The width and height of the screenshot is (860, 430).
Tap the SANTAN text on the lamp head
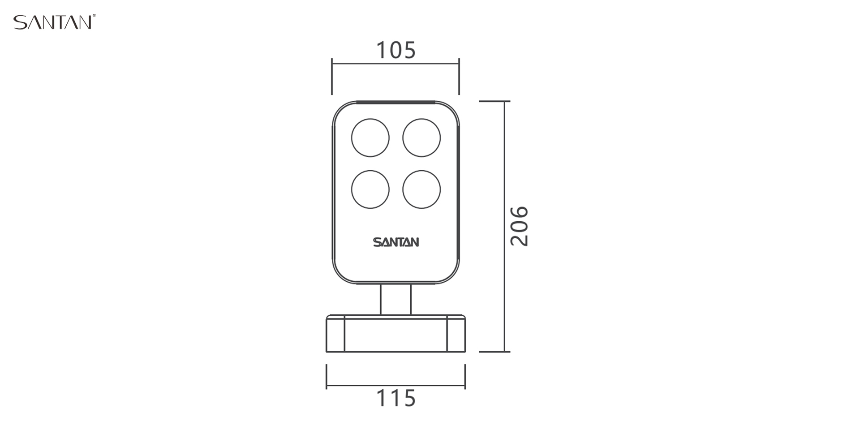[396, 242]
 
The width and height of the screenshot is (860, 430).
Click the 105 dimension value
[396, 50]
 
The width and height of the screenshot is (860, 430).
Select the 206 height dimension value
[520, 226]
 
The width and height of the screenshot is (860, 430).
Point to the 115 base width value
[396, 398]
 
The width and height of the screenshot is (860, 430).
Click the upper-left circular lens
[370, 138]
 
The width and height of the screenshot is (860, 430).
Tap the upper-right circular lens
[421, 138]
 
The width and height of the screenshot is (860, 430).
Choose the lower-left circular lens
[370, 189]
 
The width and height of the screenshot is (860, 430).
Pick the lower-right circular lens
[421, 189]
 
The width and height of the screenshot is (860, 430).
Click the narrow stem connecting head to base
[396, 299]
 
